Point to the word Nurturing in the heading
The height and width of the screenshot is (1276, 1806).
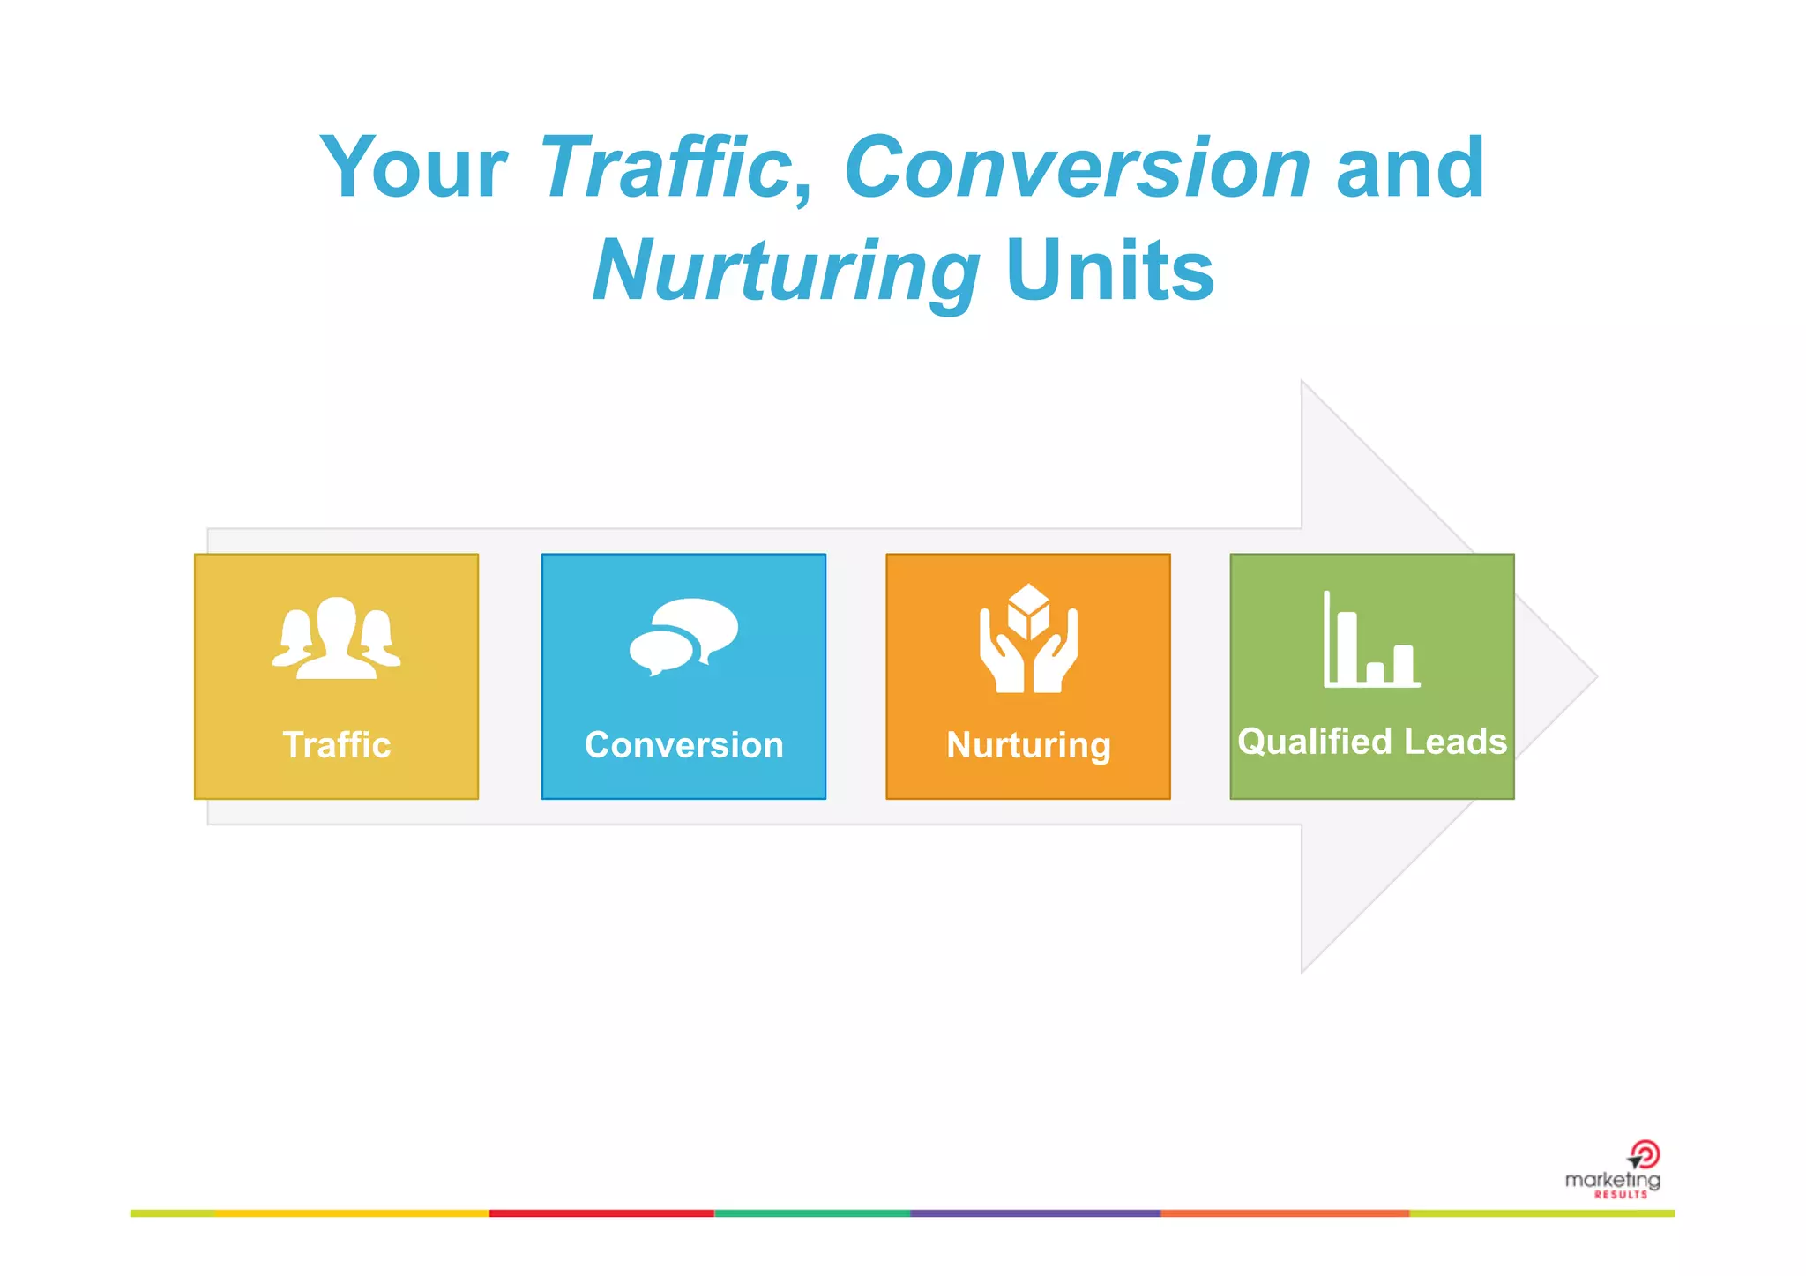click(x=786, y=272)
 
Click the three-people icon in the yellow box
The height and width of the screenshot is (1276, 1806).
click(x=336, y=638)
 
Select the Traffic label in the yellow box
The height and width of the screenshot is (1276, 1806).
click(x=336, y=745)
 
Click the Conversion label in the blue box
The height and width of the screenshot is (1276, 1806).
click(x=683, y=745)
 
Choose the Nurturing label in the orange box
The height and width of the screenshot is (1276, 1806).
click(x=1028, y=745)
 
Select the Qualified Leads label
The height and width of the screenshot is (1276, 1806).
click(x=1371, y=742)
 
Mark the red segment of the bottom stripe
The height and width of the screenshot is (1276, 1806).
click(x=601, y=1213)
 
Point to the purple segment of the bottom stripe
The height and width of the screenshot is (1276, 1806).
click(x=1034, y=1213)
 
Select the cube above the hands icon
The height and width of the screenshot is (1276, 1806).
click(x=1028, y=609)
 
